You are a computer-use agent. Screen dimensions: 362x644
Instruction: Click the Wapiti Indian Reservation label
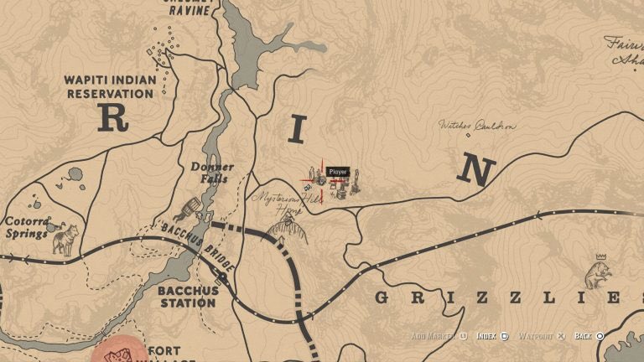(109, 86)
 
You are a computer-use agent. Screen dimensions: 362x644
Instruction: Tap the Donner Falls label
(212, 172)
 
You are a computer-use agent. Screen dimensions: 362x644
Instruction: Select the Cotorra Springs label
(26, 227)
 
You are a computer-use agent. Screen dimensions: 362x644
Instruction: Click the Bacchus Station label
(188, 296)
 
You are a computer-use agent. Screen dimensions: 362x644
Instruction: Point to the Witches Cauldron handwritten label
(477, 126)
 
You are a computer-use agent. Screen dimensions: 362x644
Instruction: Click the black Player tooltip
(337, 172)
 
